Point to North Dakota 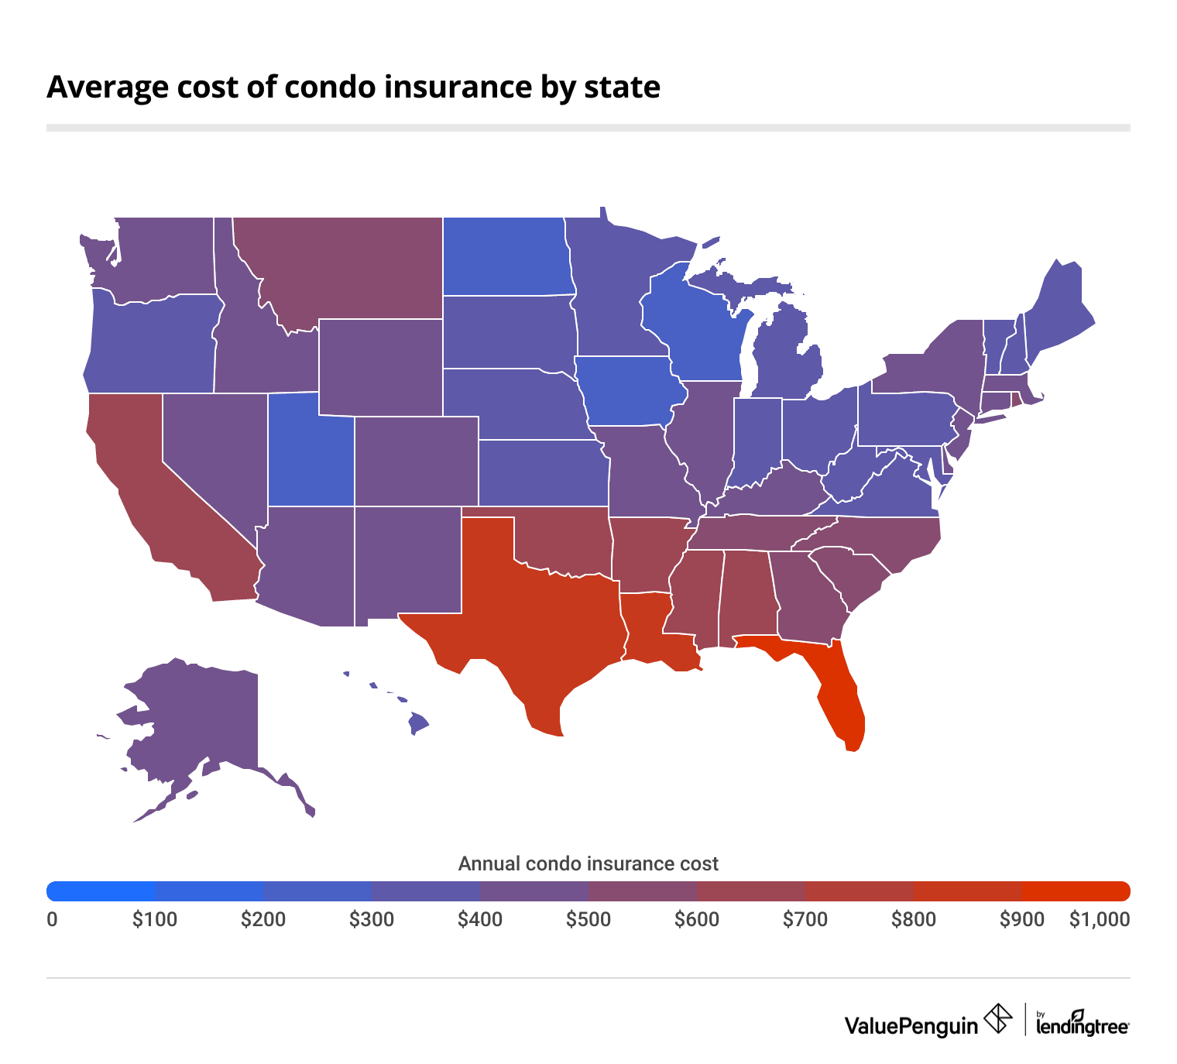pyautogui.click(x=507, y=256)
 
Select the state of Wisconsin pyautogui.click(x=693, y=333)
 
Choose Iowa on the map pyautogui.click(x=627, y=391)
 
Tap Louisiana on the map pyautogui.click(x=650, y=627)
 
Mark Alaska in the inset pyautogui.click(x=201, y=720)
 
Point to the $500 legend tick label pyautogui.click(x=588, y=920)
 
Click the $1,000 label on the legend pyautogui.click(x=1099, y=920)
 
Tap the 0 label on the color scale pyautogui.click(x=52, y=920)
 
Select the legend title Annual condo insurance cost pyautogui.click(x=588, y=863)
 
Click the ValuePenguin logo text pyautogui.click(x=911, y=1026)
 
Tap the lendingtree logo pyautogui.click(x=1082, y=1024)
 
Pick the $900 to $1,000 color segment pyautogui.click(x=1076, y=891)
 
